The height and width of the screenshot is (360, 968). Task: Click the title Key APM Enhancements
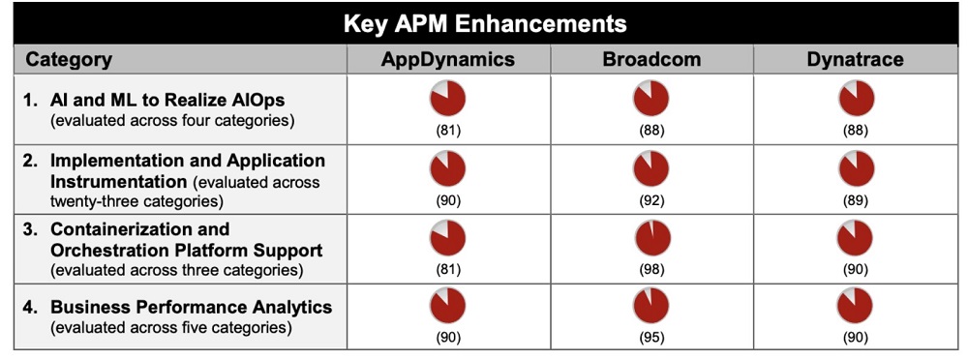point(485,23)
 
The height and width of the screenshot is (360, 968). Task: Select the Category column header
point(69,60)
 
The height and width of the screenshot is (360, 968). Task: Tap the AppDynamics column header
point(447,60)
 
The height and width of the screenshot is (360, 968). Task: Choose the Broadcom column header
point(650,60)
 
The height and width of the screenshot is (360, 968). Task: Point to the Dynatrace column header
point(855,60)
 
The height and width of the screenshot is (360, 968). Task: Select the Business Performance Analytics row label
point(191,307)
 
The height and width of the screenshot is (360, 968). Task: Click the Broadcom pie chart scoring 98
point(650,237)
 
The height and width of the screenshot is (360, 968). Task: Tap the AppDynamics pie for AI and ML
point(447,98)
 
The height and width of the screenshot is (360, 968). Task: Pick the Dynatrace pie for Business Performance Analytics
point(855,305)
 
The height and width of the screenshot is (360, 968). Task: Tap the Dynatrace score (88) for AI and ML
point(855,130)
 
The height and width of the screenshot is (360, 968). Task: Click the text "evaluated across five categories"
point(170,327)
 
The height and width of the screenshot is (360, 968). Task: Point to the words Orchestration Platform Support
point(186,249)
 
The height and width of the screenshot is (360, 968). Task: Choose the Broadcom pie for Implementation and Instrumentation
point(650,168)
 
